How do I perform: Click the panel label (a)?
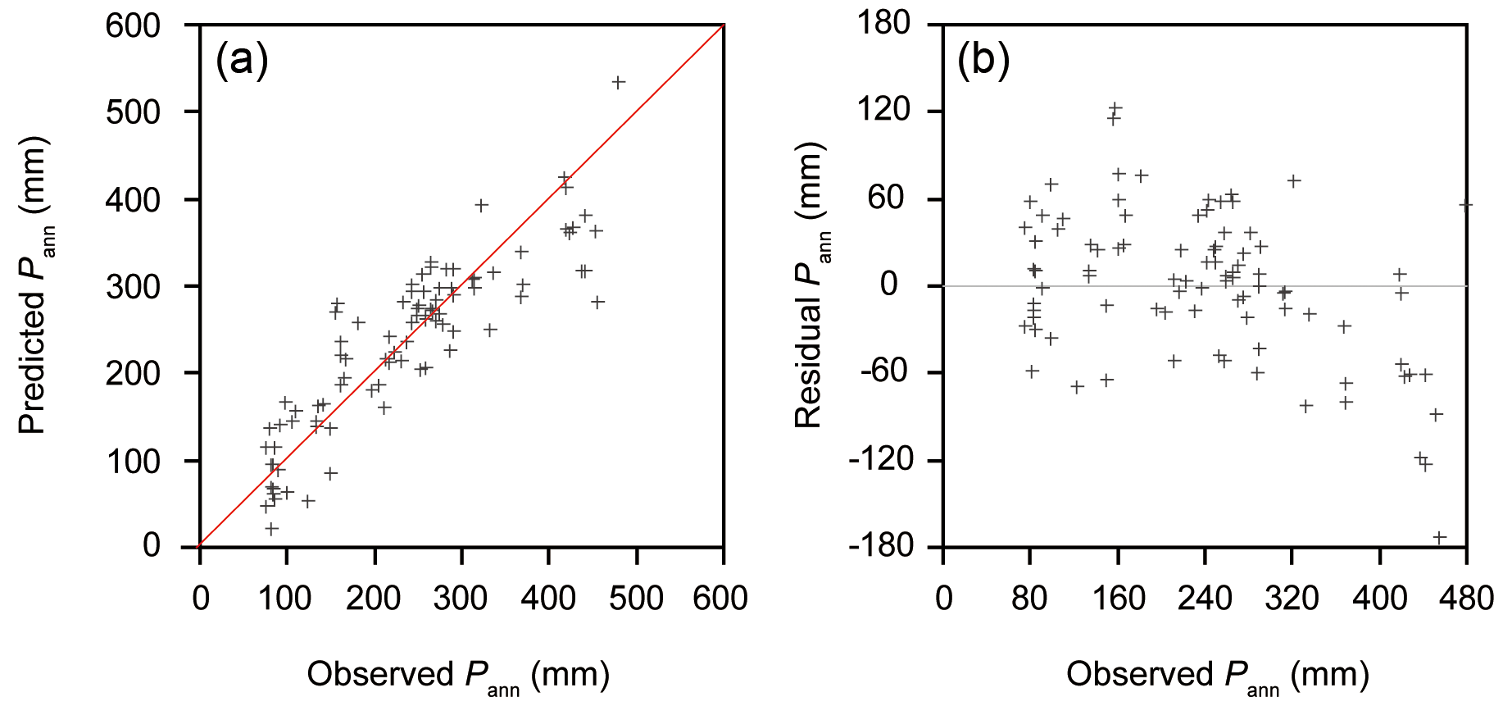[242, 61]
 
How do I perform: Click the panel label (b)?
[983, 61]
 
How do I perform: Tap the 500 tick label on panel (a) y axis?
[133, 112]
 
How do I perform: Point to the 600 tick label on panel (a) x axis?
[720, 599]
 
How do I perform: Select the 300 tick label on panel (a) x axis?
[460, 599]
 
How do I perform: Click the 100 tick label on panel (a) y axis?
[133, 461]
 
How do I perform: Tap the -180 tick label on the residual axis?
[880, 545]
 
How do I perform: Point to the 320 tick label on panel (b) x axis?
[1292, 599]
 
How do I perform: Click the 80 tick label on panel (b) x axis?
[1029, 599]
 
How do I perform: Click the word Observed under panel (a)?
[380, 674]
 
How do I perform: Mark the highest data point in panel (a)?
[619, 82]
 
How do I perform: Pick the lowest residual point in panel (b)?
[1439, 538]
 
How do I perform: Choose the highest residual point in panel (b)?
[1115, 107]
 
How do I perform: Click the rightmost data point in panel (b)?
[1466, 205]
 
